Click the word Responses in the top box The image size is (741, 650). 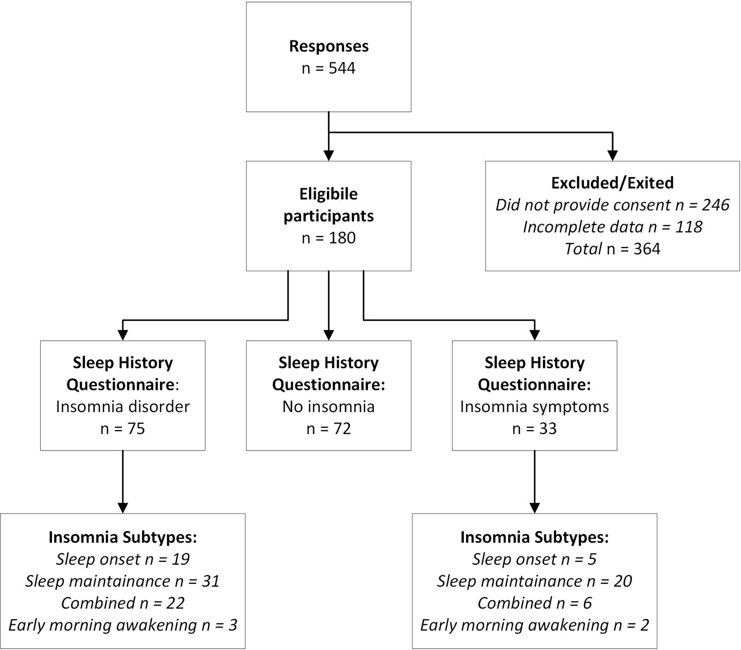pyautogui.click(x=329, y=46)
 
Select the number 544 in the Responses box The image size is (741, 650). pyautogui.click(x=342, y=68)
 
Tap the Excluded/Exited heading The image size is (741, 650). pyautogui.click(x=613, y=183)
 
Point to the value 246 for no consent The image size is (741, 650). pyautogui.click(x=715, y=205)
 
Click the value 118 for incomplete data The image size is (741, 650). pyautogui.click(x=689, y=227)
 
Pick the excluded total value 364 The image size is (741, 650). pyautogui.click(x=647, y=249)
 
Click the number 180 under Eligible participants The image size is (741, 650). pyautogui.click(x=342, y=238)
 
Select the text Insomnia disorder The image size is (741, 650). pyautogui.click(x=123, y=407)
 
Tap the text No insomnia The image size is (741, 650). pyautogui.click(x=329, y=407)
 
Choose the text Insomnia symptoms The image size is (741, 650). pyautogui.click(x=534, y=407)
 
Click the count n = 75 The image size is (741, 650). pyautogui.click(x=123, y=429)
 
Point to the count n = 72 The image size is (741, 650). pyautogui.click(x=329, y=429)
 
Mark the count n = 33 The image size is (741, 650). pyautogui.click(x=534, y=429)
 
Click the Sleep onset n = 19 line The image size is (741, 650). pyautogui.click(x=123, y=559)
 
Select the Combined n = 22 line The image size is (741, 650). pyautogui.click(x=123, y=603)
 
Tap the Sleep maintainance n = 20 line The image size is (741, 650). pyautogui.click(x=534, y=581)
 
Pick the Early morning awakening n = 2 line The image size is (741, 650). pyautogui.click(x=534, y=625)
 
